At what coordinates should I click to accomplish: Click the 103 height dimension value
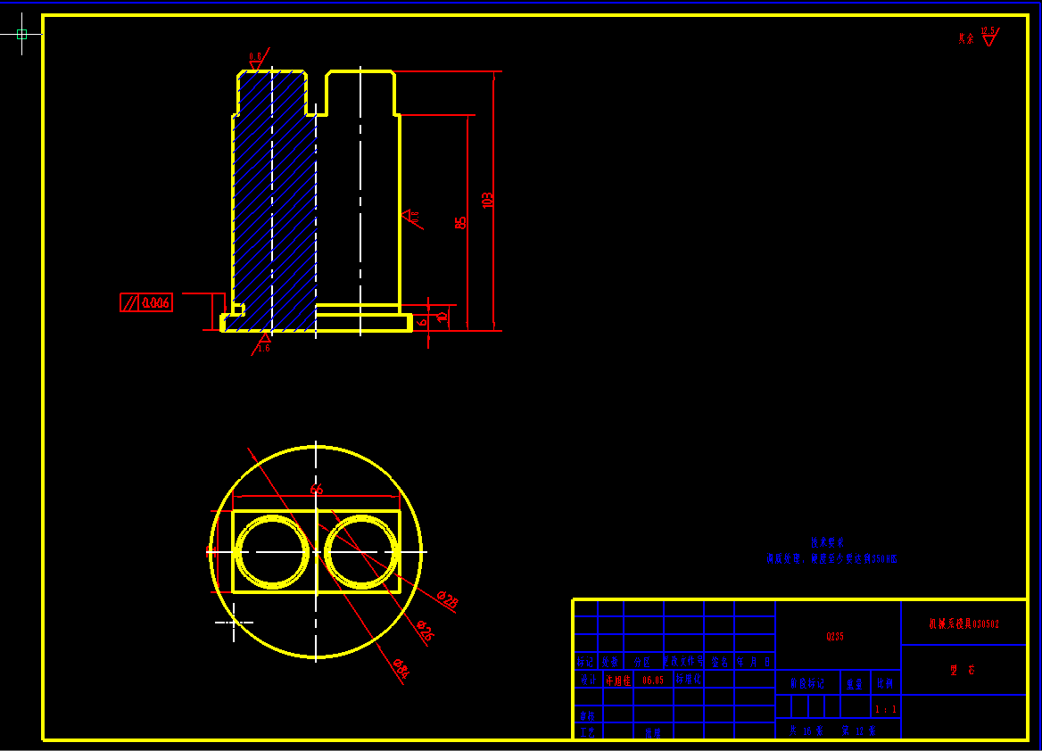coord(487,200)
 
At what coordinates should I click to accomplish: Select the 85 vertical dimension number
coord(460,222)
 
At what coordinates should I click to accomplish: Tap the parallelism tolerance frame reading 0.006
coord(146,303)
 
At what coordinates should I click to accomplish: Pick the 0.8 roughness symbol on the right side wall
coord(410,217)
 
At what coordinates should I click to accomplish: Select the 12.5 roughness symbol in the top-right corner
coord(988,37)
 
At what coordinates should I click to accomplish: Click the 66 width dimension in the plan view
coord(316,490)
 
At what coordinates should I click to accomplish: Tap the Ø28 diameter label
coord(448,602)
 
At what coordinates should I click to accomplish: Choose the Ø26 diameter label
coord(425,633)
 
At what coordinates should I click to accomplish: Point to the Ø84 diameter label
coord(401,669)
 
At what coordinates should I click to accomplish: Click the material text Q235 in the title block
coord(835,637)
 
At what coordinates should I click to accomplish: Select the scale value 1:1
coord(885,710)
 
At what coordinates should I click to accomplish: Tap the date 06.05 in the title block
coord(653,680)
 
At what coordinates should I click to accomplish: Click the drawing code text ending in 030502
coord(963,624)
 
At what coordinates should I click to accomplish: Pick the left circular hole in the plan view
coord(273,552)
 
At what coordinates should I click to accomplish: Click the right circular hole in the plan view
coord(360,552)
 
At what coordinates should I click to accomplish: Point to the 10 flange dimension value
coord(441,318)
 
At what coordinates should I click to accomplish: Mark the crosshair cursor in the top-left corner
coord(22,34)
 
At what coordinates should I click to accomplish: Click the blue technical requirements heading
coord(827,541)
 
